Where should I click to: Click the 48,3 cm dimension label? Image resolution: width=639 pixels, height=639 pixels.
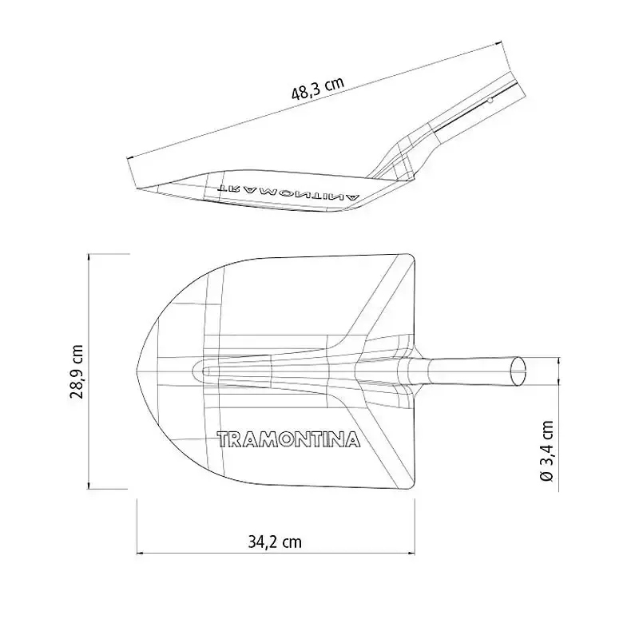(x=318, y=88)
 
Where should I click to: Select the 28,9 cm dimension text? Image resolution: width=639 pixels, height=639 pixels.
(x=77, y=371)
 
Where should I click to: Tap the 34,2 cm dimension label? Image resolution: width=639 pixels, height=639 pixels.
(x=275, y=542)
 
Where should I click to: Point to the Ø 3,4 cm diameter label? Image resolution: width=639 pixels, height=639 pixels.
(x=546, y=450)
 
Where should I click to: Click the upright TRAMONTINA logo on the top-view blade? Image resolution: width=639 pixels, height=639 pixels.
(x=288, y=439)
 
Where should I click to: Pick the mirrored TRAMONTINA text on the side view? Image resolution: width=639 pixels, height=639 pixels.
(x=289, y=192)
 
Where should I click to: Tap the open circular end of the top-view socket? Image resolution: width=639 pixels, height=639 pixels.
(x=518, y=371)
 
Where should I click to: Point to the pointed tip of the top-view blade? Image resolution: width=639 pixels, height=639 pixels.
(x=136, y=371)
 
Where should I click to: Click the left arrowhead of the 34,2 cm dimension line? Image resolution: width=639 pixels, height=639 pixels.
(x=139, y=553)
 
